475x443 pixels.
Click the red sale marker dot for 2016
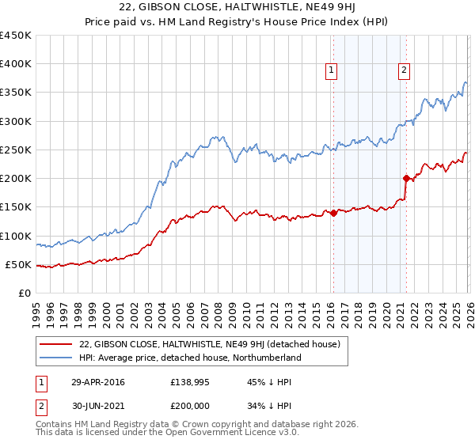click(334, 213)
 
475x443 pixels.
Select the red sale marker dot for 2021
click(406, 178)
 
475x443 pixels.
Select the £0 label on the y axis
click(25, 293)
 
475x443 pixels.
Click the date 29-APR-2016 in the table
click(97, 382)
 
